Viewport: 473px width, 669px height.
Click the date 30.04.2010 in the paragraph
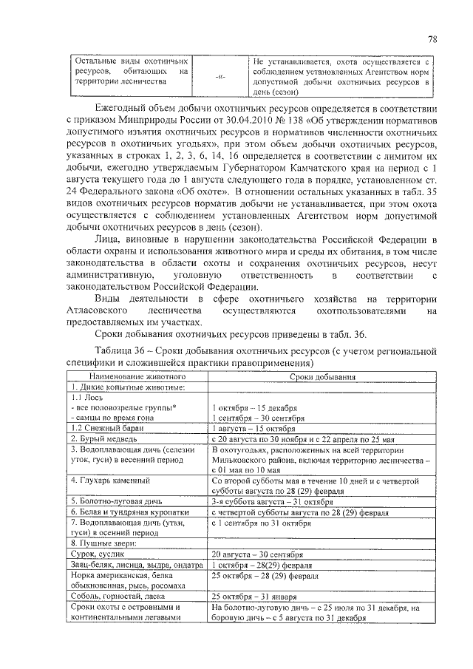click(251, 121)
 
